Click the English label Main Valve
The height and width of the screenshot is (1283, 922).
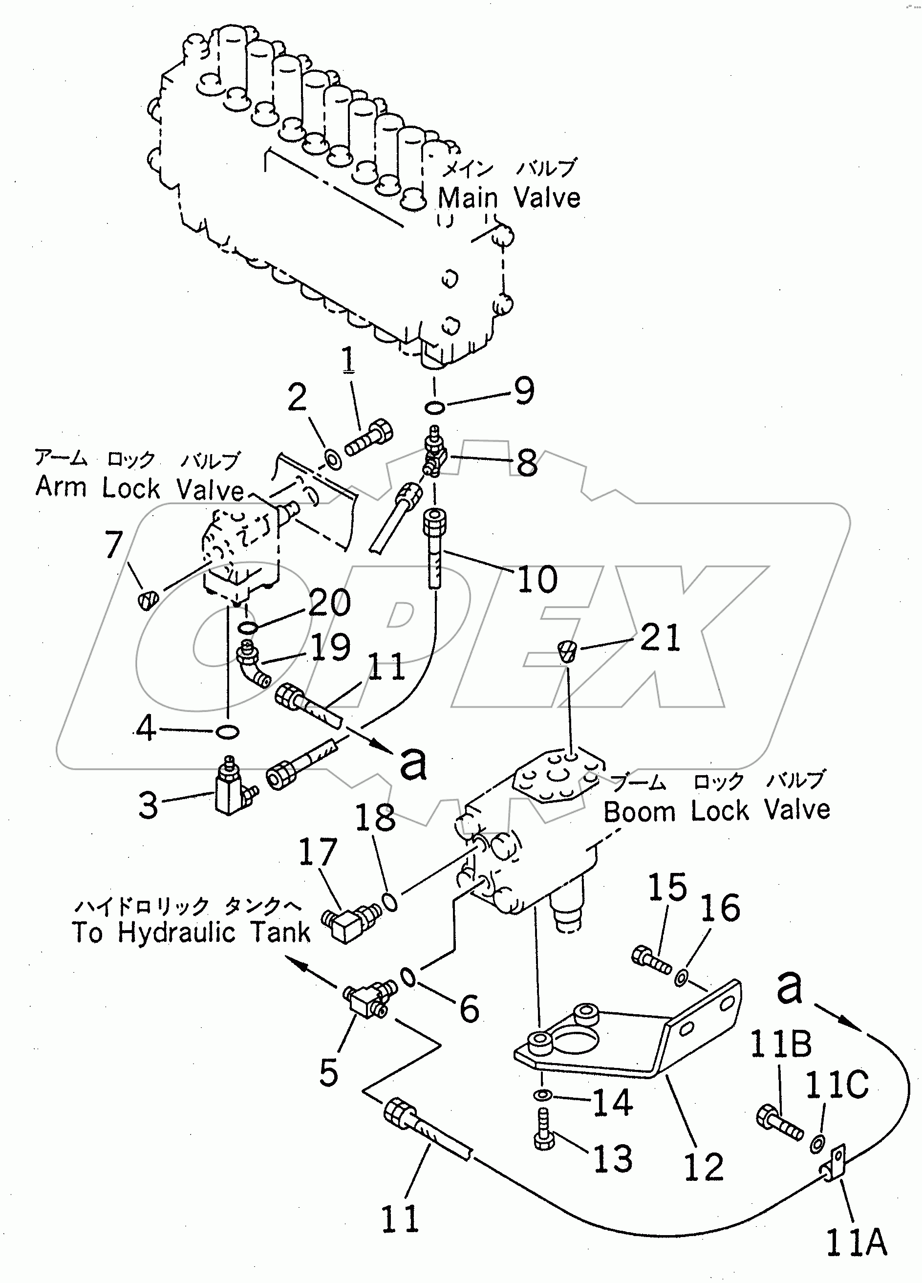[x=509, y=198]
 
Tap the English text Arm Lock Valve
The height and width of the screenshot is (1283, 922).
[x=139, y=488]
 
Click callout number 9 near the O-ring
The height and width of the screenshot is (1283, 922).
[x=524, y=391]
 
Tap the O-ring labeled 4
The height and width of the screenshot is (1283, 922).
[x=228, y=732]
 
